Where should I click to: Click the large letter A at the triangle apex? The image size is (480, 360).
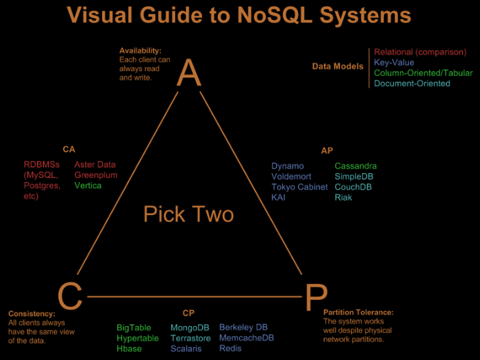click(188, 73)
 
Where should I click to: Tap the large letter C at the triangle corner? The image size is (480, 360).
click(70, 297)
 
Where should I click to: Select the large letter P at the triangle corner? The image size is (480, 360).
click(314, 298)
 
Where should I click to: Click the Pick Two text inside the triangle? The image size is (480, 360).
click(188, 214)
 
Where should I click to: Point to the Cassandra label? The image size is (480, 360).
click(356, 166)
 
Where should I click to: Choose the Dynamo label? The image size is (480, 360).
click(287, 166)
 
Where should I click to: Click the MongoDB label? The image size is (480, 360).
click(190, 328)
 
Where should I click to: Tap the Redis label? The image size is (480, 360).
click(230, 348)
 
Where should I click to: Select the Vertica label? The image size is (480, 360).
click(88, 186)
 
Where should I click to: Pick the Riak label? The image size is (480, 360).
click(343, 197)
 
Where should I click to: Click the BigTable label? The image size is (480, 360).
click(133, 328)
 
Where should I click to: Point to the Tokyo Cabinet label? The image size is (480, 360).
click(299, 187)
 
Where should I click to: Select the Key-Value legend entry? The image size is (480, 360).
click(394, 62)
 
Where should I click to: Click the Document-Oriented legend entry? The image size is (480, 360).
click(412, 83)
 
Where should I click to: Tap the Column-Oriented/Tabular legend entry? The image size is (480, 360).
click(423, 73)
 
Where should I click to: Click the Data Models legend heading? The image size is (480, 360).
click(338, 66)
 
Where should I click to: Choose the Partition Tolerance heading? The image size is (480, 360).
click(358, 312)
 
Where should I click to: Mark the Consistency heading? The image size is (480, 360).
click(32, 314)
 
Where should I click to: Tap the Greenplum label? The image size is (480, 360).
click(96, 175)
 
